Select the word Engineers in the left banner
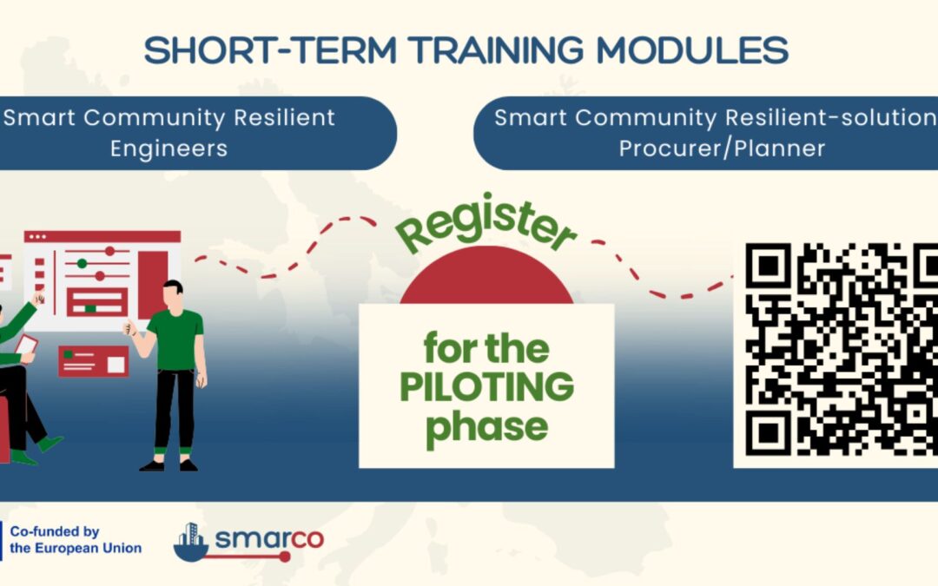[x=168, y=148]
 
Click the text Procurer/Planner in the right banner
[x=721, y=148]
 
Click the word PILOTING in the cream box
[x=486, y=387]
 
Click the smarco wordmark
[x=269, y=539]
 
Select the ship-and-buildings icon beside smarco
[x=191, y=542]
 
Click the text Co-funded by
[x=55, y=531]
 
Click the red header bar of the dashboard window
[x=102, y=236]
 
